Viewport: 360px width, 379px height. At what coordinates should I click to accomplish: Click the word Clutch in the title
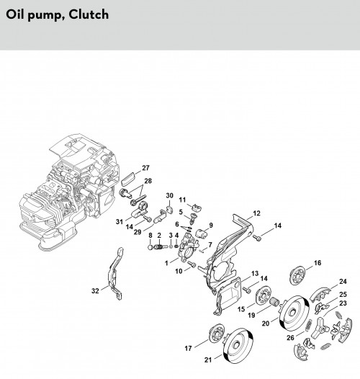click(89, 14)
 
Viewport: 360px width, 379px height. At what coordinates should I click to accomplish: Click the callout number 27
click(145, 168)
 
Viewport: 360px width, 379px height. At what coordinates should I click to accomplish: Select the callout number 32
click(96, 291)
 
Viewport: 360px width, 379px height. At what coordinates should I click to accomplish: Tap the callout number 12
click(256, 213)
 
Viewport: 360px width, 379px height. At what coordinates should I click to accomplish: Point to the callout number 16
click(318, 263)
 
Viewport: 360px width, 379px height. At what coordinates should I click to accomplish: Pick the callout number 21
click(208, 360)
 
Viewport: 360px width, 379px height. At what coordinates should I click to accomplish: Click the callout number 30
click(170, 195)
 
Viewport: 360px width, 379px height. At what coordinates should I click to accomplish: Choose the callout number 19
click(251, 315)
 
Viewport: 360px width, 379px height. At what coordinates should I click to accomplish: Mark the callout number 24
click(343, 281)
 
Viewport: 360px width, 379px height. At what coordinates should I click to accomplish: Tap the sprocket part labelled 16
click(297, 275)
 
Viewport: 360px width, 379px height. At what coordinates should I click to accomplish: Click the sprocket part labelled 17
click(217, 334)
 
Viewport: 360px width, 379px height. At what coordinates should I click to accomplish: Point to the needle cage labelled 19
click(274, 302)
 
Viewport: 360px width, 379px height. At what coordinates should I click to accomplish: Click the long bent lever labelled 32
click(114, 274)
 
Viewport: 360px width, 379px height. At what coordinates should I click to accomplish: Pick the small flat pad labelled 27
click(129, 178)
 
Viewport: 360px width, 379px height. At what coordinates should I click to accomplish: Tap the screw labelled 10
click(192, 264)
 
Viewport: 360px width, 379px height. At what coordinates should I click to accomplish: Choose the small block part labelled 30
click(170, 209)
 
